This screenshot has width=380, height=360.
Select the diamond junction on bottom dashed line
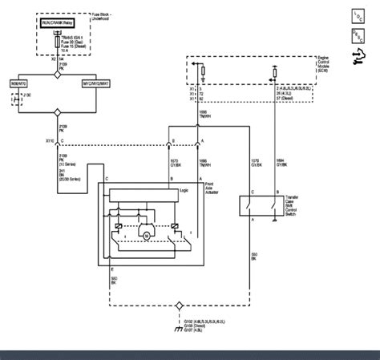[179, 305]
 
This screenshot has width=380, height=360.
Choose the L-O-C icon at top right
[357, 14]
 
